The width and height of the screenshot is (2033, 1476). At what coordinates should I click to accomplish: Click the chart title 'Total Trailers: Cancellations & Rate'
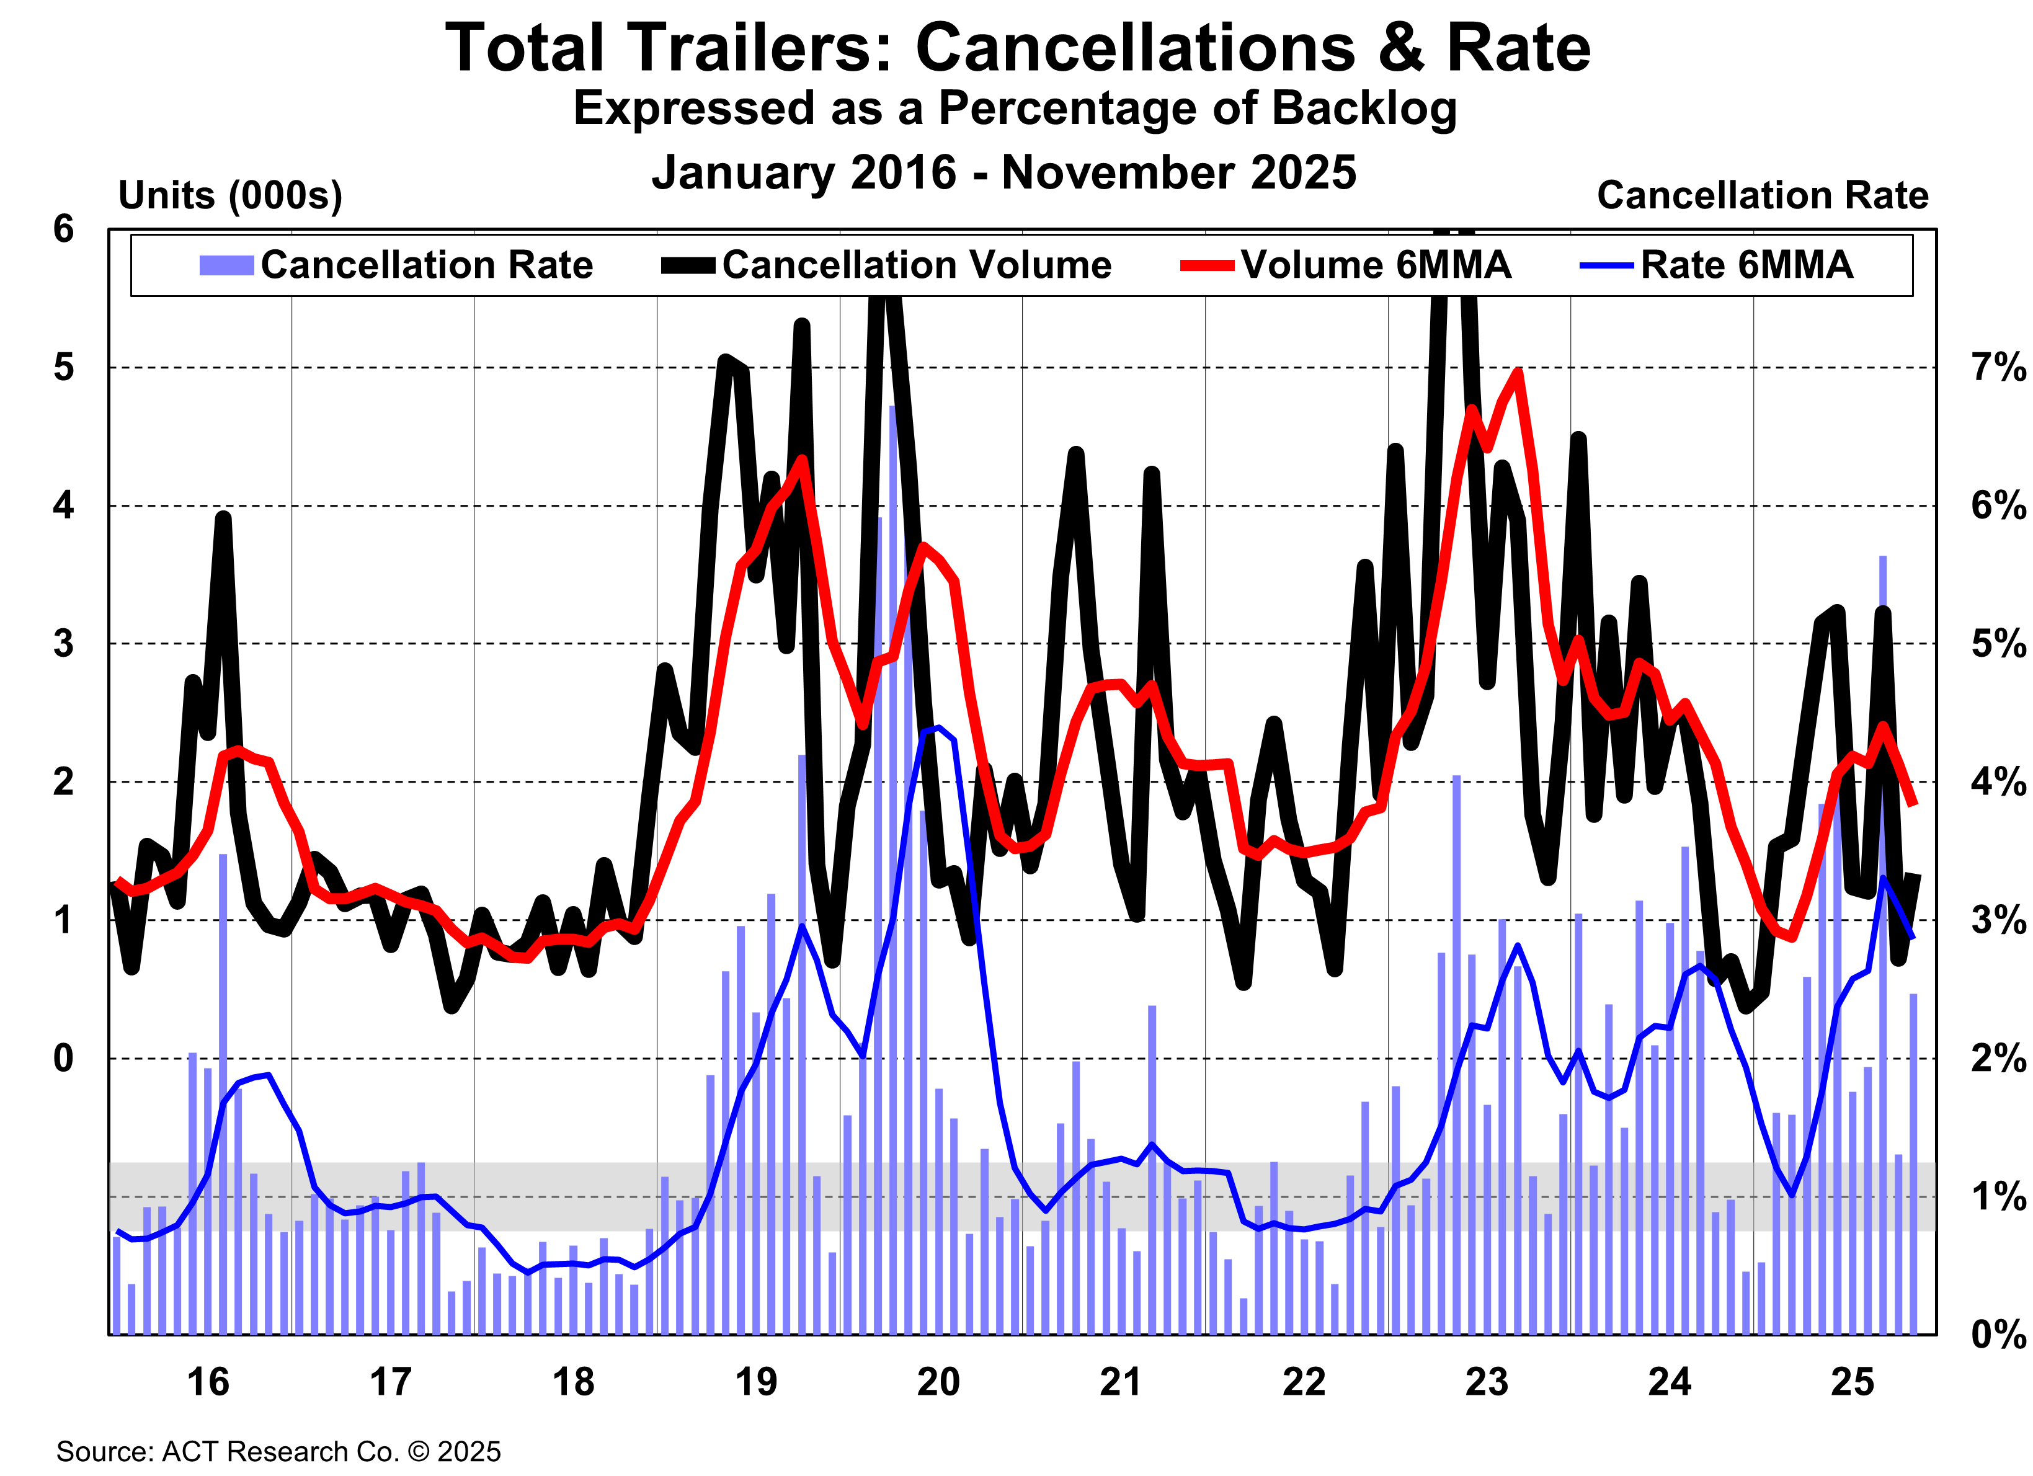(x=1016, y=48)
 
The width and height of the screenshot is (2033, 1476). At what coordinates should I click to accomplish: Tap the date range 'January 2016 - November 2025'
(x=1004, y=172)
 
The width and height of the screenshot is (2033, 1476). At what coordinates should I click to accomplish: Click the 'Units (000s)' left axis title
(x=230, y=195)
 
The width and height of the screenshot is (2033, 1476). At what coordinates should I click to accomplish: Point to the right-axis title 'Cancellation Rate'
(x=1763, y=195)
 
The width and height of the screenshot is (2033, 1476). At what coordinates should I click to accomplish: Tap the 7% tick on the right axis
(x=1997, y=367)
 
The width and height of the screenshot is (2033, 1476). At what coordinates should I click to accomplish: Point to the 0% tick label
(x=1997, y=1335)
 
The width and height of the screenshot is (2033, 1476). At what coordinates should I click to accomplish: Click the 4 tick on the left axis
(x=63, y=505)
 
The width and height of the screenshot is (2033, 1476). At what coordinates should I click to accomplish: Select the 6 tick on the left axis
(x=63, y=229)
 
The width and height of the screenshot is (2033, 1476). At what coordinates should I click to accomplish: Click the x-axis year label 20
(x=938, y=1382)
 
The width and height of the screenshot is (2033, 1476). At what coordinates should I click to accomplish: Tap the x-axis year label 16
(x=208, y=1382)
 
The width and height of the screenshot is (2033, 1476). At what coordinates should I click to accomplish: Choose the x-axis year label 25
(x=1852, y=1382)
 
